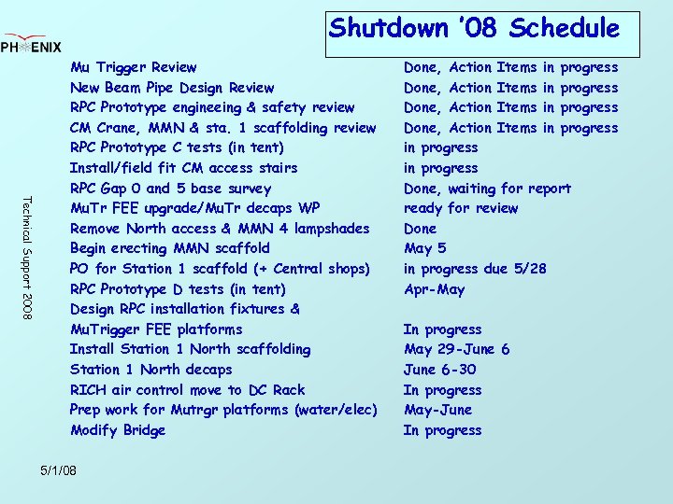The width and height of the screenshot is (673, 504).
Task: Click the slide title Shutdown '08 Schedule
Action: (x=474, y=29)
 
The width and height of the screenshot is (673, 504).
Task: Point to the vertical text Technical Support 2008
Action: (x=28, y=258)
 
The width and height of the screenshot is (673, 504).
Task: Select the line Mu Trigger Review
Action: (x=133, y=67)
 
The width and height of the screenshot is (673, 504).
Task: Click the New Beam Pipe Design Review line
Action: (x=172, y=88)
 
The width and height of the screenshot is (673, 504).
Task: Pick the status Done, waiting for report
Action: (x=487, y=189)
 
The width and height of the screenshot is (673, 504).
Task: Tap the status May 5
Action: (x=424, y=248)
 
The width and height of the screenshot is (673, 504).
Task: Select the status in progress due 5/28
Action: (x=475, y=269)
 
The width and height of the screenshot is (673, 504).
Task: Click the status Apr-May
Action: (x=434, y=289)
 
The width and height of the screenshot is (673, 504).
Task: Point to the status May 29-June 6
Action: (x=456, y=349)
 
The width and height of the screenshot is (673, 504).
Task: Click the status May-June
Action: (x=437, y=410)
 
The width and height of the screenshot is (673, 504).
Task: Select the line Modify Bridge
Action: (x=118, y=430)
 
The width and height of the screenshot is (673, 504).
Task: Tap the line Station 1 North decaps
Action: (x=150, y=370)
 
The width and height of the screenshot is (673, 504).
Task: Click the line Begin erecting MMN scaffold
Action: (x=169, y=248)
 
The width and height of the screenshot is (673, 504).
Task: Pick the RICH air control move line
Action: (x=187, y=390)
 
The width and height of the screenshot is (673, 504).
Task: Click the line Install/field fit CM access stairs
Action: (x=183, y=168)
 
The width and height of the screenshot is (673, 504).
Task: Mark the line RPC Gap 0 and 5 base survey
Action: (x=170, y=189)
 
